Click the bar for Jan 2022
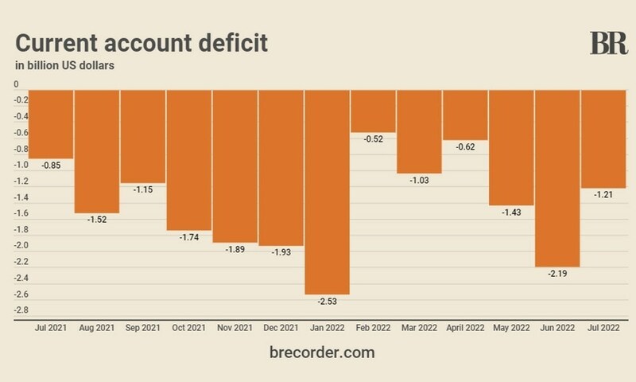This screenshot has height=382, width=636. click(x=327, y=191)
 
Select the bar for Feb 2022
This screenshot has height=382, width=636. click(x=373, y=111)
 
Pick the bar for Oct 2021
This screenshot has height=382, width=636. click(x=188, y=159)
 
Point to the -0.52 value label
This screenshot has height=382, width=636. click(x=373, y=140)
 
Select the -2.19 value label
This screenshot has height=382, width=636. click(x=557, y=275)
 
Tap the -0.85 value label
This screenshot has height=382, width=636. click(x=51, y=166)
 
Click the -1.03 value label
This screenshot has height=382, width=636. click(x=419, y=181)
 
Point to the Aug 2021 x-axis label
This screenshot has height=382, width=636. click(x=96, y=328)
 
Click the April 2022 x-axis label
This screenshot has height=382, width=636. click(x=465, y=328)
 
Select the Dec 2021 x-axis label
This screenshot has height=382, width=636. click(x=281, y=328)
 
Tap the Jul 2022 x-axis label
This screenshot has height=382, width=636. click(x=603, y=328)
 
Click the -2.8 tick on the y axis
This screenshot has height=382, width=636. click(x=21, y=310)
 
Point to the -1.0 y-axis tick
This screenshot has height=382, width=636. click(x=21, y=165)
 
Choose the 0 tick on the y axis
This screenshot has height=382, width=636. click(x=16, y=84)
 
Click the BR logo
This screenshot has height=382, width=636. click(x=609, y=43)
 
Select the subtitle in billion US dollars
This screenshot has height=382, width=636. click(x=65, y=65)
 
